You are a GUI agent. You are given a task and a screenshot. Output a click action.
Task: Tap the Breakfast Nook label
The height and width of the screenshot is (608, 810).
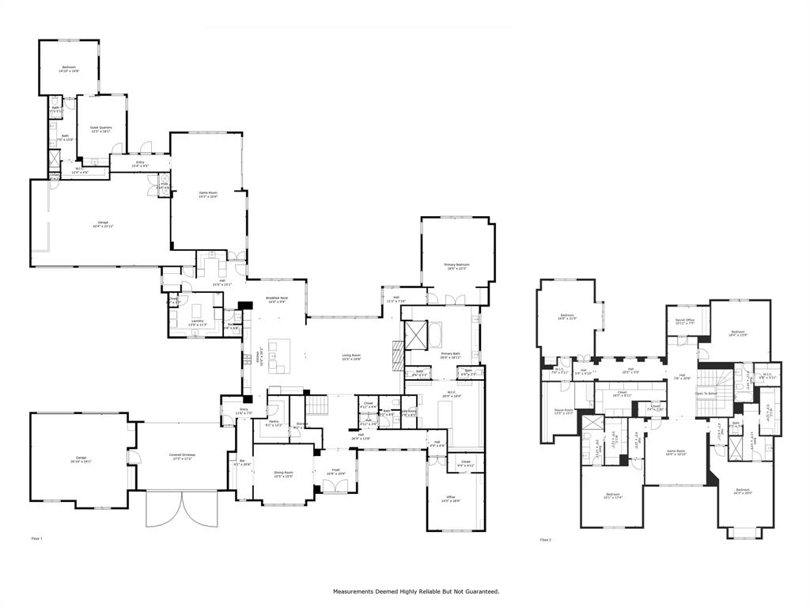276,299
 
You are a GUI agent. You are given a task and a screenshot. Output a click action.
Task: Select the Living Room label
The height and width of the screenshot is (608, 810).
351,355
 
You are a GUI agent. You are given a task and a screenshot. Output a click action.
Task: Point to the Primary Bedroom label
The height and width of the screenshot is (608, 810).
456,264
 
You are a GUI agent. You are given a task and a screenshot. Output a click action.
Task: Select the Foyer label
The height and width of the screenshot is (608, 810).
335,470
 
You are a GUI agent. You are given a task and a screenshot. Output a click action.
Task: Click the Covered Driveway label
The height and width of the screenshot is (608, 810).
182,455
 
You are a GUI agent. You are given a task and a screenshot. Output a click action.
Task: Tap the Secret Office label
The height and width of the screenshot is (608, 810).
685,320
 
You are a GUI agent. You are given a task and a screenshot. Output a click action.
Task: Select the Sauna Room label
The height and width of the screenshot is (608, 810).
563,410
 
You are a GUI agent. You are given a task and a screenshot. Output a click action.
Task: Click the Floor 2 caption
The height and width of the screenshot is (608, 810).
545,539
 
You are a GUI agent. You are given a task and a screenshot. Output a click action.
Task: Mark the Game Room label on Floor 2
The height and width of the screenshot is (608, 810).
676,451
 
